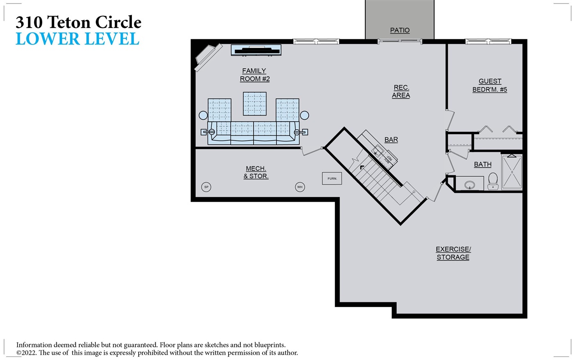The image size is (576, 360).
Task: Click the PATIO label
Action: point(400,31)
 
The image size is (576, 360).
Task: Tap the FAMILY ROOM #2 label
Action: point(254,75)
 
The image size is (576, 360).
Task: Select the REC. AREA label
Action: point(400,91)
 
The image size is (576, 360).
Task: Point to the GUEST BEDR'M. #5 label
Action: point(490,85)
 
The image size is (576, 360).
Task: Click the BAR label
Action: point(391,140)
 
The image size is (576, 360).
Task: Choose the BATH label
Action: point(482,165)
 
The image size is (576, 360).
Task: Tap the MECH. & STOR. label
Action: point(256,172)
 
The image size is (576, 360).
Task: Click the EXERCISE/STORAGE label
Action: point(453,253)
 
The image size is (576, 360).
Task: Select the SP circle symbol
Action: point(206,187)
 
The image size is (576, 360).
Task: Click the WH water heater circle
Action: point(300,187)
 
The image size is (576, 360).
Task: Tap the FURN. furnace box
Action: point(332,178)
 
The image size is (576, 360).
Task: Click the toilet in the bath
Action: point(493,181)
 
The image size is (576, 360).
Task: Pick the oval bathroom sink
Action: point(470,184)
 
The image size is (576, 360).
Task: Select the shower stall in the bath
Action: point(512,172)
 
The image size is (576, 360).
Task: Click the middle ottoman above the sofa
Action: point(255,103)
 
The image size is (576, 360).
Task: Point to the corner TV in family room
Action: point(207,57)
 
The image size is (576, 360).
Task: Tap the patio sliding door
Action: point(400,42)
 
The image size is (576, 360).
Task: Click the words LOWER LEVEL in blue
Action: point(77,39)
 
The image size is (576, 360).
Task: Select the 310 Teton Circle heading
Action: point(79,22)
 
